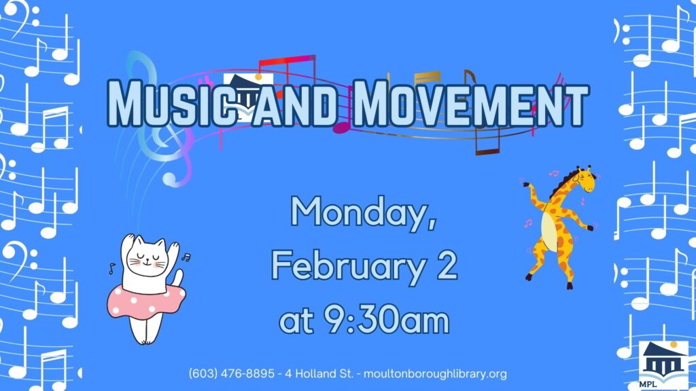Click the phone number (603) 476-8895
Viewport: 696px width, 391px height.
[x=232, y=374]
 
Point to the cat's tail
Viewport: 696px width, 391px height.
[x=178, y=278]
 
